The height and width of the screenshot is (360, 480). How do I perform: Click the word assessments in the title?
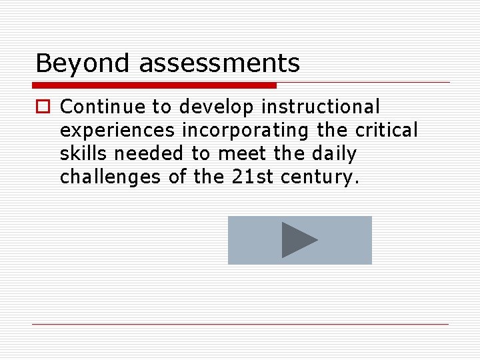pyautogui.click(x=219, y=64)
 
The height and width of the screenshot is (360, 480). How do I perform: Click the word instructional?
pyautogui.click(x=321, y=107)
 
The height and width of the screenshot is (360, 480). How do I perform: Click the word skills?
pyautogui.click(x=84, y=153)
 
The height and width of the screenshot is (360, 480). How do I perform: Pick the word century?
pyautogui.click(x=320, y=177)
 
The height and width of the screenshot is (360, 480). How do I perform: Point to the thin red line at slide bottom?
pyautogui.click(x=240, y=324)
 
